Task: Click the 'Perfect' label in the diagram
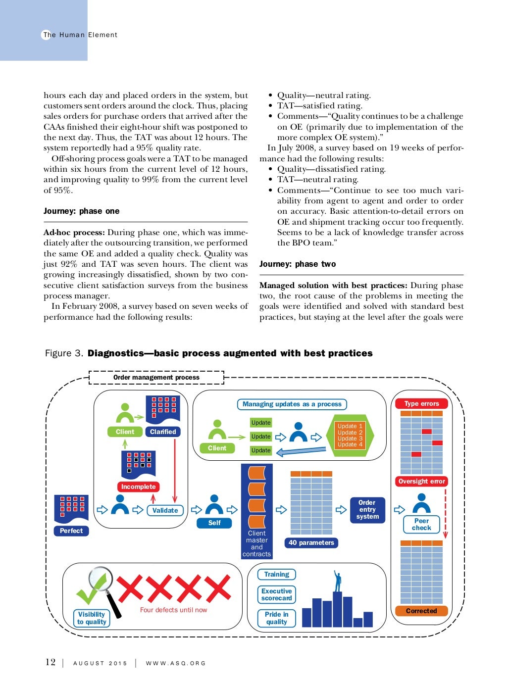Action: point(71,531)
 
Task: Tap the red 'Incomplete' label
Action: point(138,486)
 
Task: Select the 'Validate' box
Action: point(165,510)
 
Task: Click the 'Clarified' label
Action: point(163,432)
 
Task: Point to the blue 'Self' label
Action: point(214,523)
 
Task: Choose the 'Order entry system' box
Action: point(367,510)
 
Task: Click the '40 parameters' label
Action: point(311,542)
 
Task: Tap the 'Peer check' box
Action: point(421,524)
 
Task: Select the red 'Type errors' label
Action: point(421,403)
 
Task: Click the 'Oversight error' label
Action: point(421,481)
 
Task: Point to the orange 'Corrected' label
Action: point(421,611)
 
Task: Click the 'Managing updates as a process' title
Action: point(292,404)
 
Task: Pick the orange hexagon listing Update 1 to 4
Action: point(350,435)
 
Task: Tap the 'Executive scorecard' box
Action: point(276,594)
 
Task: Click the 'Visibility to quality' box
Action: point(92,618)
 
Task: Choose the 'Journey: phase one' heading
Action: point(82,211)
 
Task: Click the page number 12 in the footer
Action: point(51,662)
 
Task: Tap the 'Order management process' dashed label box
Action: point(156,377)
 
